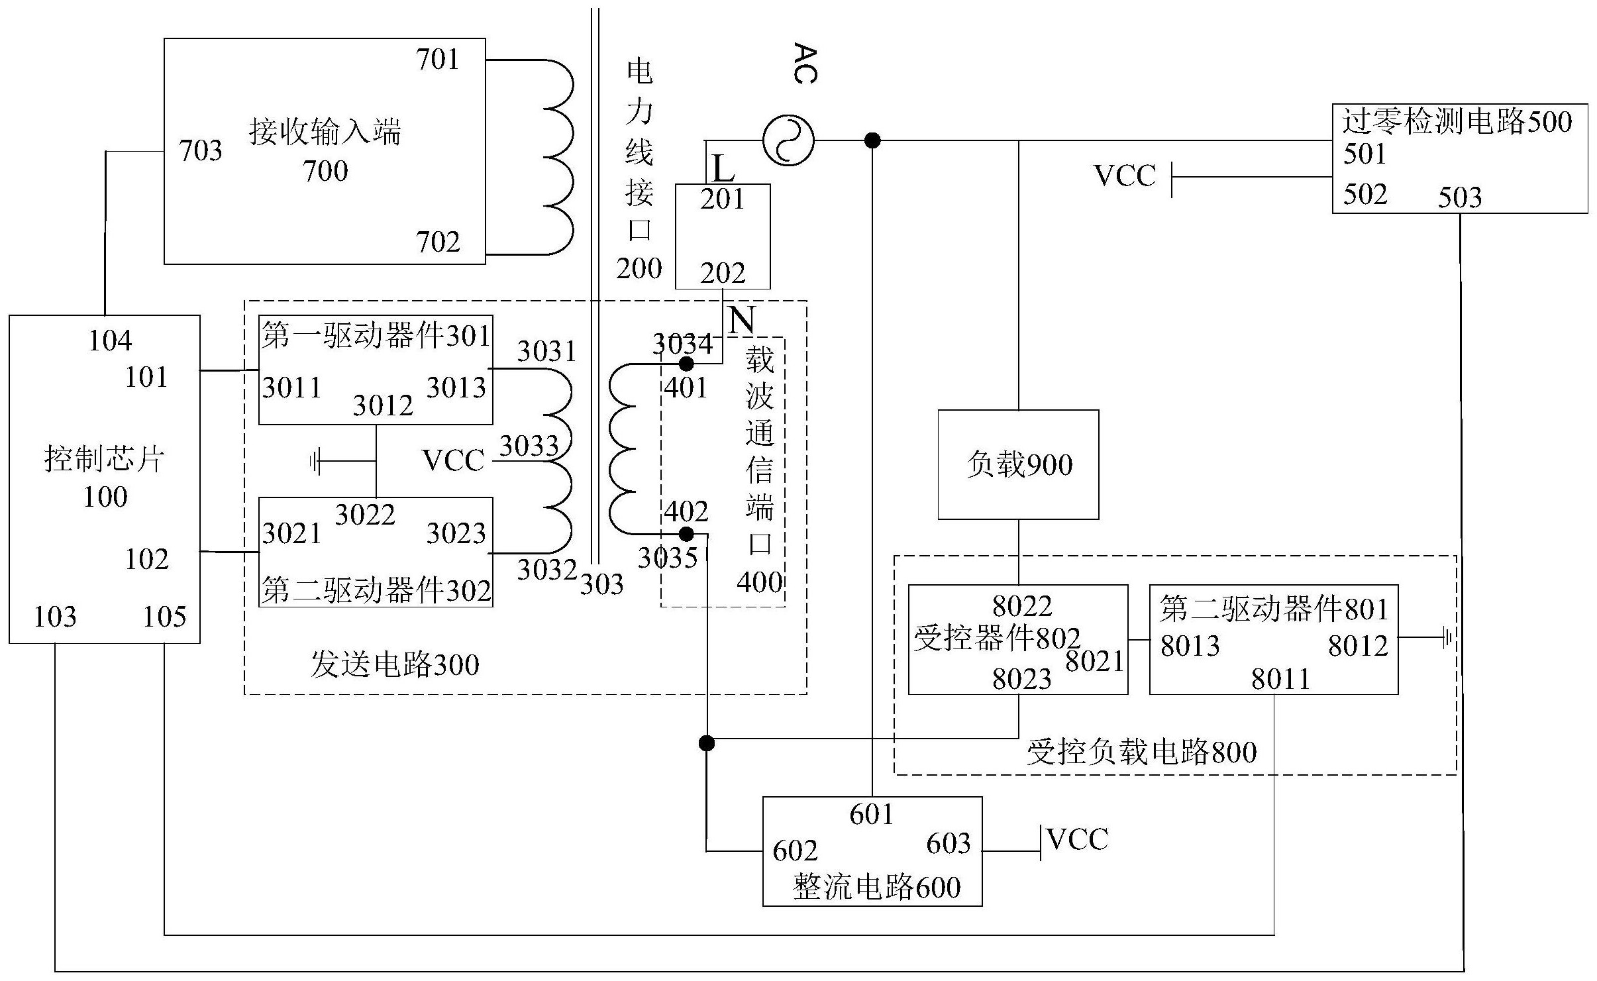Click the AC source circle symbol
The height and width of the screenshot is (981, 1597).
(x=788, y=140)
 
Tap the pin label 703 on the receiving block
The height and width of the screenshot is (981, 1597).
(x=201, y=151)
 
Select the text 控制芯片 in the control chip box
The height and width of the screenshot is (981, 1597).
(x=104, y=459)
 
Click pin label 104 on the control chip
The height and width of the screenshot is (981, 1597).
(x=110, y=341)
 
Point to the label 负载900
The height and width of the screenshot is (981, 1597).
(x=1019, y=464)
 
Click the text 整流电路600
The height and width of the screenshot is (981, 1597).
(x=876, y=888)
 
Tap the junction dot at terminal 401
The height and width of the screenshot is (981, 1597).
(x=687, y=364)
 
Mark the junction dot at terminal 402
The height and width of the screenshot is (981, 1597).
(x=687, y=534)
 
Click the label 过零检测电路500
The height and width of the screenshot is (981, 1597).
(x=1457, y=122)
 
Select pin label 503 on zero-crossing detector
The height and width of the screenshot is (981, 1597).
(x=1459, y=197)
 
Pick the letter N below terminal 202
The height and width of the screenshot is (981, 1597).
(x=741, y=321)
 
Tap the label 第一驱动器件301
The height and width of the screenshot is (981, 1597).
(x=375, y=336)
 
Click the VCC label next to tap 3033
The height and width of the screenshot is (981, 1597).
(x=453, y=460)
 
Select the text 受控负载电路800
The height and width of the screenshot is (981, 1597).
(x=1141, y=752)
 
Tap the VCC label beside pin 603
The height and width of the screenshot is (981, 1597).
(x=1078, y=840)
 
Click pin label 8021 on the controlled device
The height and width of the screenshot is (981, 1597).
(x=1094, y=661)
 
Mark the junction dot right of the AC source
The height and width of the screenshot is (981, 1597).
(x=872, y=140)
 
